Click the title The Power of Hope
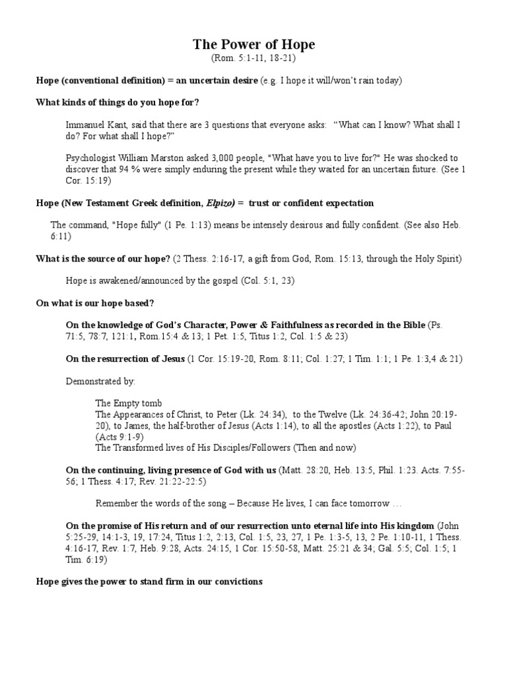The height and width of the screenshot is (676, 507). click(x=253, y=45)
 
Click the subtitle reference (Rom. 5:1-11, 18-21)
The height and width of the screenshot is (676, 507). click(x=253, y=59)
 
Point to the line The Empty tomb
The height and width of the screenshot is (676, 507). click(x=129, y=403)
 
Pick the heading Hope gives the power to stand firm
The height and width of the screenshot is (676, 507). click(x=149, y=581)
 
